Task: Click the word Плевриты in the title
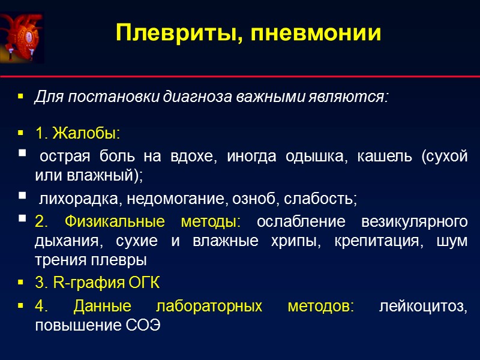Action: (x=170, y=32)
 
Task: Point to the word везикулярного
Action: (x=415, y=222)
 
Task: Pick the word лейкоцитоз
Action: (x=424, y=307)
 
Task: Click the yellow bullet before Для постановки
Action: (x=22, y=97)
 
